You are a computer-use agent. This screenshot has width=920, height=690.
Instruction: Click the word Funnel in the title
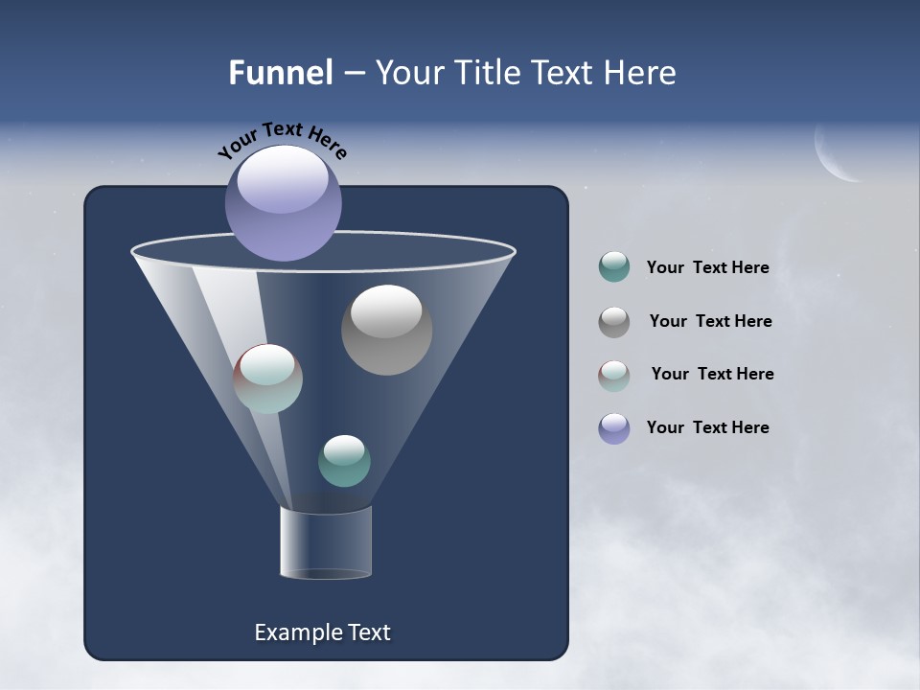click(280, 73)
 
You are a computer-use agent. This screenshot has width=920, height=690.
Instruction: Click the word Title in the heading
click(488, 73)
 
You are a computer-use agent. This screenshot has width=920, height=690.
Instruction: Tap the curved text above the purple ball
click(282, 139)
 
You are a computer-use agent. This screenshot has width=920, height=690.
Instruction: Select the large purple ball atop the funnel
click(283, 202)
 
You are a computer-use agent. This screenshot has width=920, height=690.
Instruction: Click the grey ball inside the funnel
click(386, 329)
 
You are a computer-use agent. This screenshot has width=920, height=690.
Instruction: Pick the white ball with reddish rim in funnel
click(267, 379)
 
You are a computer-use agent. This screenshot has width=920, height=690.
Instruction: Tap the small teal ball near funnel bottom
click(344, 461)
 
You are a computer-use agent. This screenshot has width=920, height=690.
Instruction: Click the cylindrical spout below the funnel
click(326, 542)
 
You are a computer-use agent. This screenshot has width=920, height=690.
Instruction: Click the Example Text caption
click(322, 632)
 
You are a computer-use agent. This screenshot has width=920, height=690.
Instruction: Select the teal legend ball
click(614, 267)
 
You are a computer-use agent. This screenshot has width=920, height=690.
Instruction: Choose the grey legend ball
click(614, 322)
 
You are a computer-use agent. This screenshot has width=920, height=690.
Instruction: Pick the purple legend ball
click(614, 428)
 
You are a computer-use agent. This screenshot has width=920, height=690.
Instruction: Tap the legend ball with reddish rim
click(614, 376)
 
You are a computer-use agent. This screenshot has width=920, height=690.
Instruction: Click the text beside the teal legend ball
click(707, 268)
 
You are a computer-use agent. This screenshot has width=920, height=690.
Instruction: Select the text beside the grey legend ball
click(710, 322)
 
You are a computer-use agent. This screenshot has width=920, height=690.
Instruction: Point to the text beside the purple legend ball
click(707, 427)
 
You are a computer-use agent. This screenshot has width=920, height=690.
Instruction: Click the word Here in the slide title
click(641, 73)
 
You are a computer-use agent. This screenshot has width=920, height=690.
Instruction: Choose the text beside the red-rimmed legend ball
click(712, 374)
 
